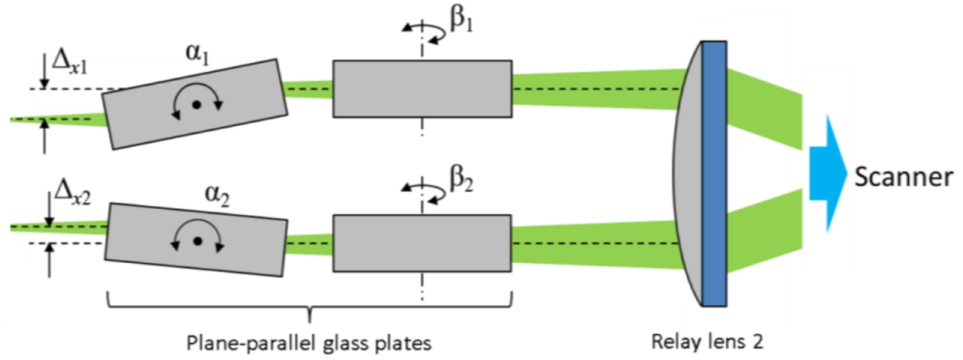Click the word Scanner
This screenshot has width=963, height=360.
903,178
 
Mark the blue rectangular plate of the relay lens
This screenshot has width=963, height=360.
714,173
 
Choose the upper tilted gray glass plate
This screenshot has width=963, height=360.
195,104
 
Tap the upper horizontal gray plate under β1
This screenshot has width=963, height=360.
422,89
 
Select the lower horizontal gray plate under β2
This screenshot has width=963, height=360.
422,243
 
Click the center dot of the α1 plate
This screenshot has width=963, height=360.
196,105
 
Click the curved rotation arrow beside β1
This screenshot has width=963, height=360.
422,29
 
